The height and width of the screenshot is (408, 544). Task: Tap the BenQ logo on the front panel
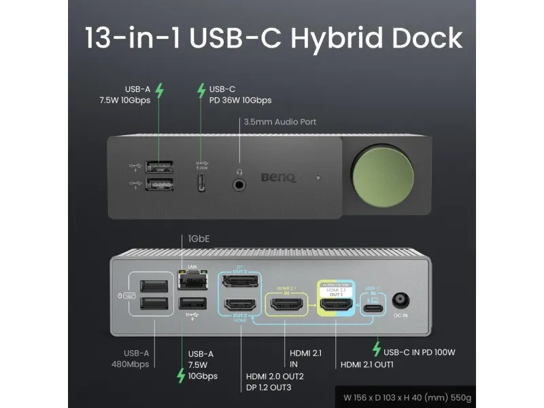[279, 178]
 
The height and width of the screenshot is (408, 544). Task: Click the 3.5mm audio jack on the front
[239, 182]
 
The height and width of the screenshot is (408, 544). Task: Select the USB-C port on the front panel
[202, 182]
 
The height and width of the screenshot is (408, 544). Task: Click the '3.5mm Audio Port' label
[279, 122]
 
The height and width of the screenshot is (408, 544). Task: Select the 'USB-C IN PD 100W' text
[419, 352]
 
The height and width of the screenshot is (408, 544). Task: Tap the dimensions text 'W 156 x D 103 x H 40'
[388, 396]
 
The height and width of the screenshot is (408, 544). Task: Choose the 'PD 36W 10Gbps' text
[240, 101]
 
